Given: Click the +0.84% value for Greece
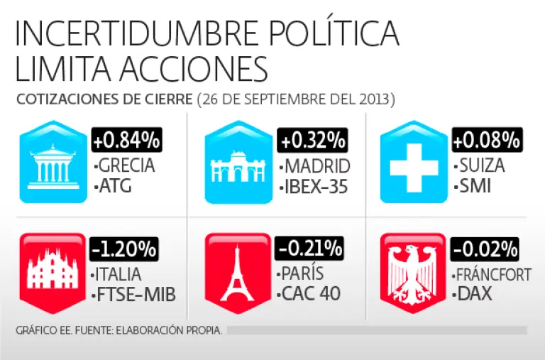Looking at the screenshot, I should tap(126, 140).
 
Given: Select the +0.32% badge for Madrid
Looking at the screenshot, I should tap(312, 140).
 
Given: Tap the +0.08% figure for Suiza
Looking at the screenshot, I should tap(488, 140).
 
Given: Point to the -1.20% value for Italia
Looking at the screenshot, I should tap(123, 249).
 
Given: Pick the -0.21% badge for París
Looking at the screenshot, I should tap(309, 249).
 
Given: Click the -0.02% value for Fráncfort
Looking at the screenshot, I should tap(485, 249).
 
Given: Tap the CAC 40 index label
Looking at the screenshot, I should tap(312, 293).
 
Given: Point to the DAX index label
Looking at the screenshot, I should tap(475, 293).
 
